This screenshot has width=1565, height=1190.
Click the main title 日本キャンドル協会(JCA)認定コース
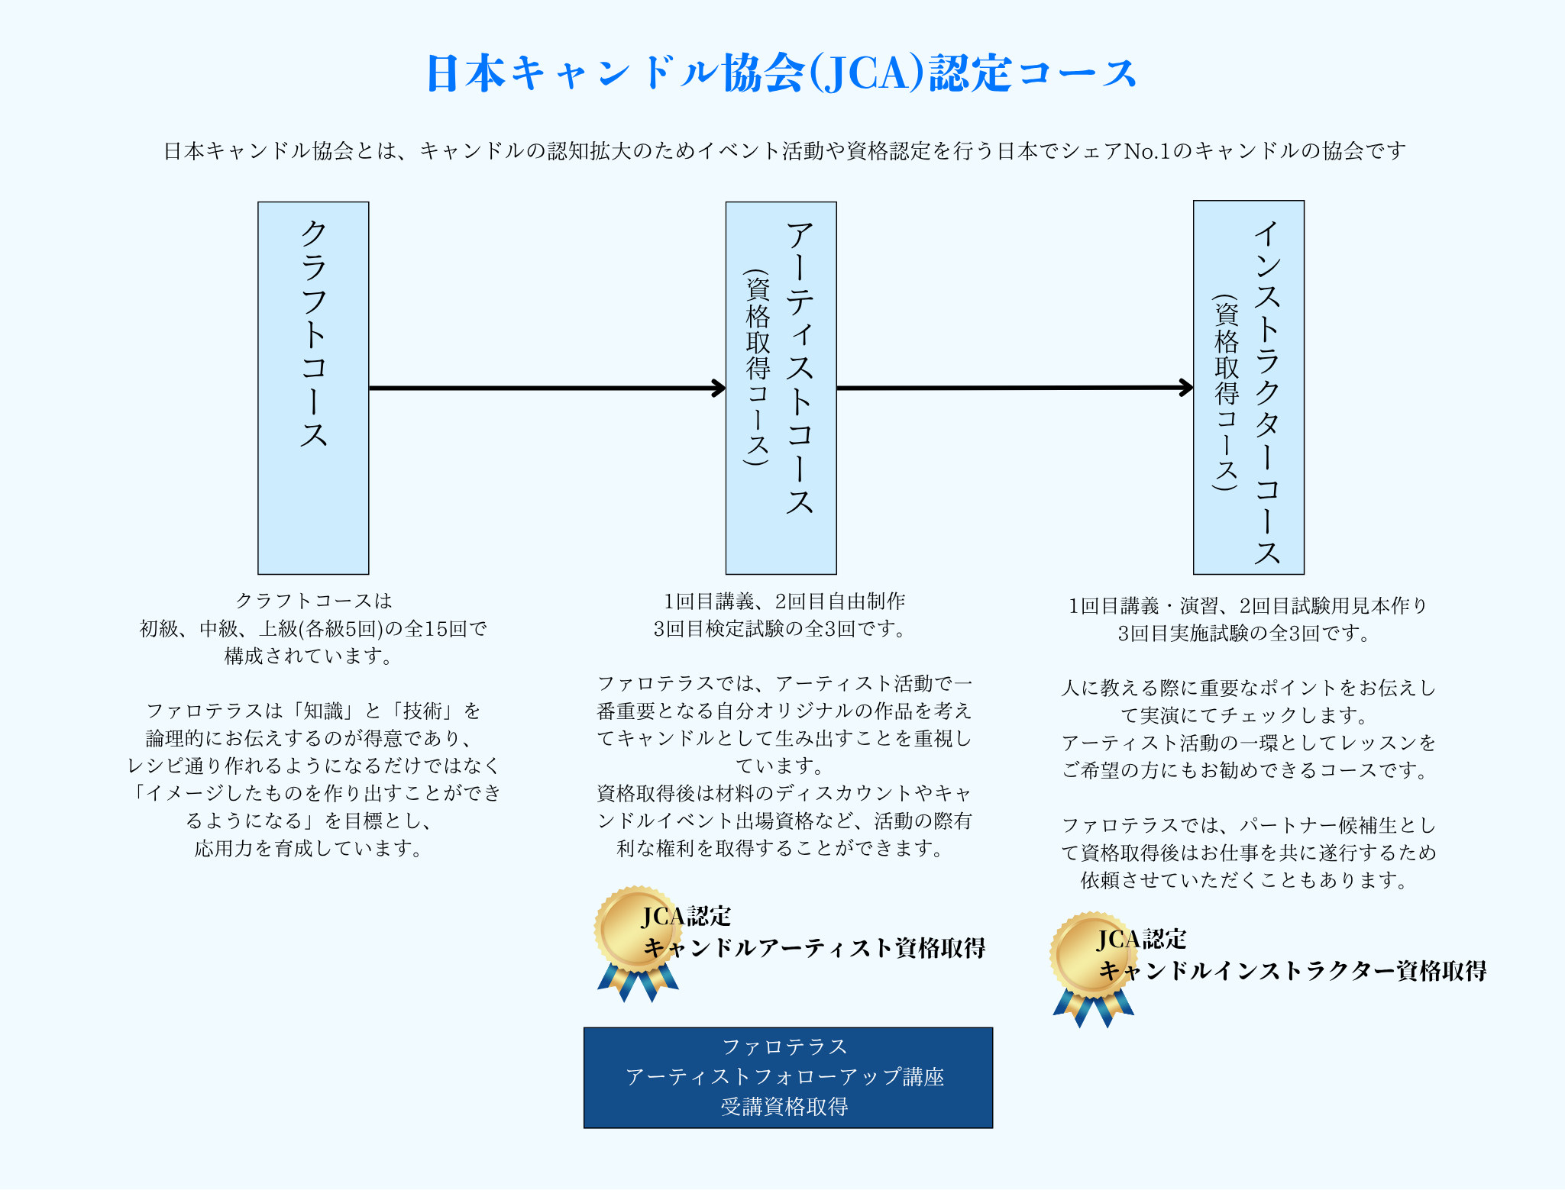pos(781,73)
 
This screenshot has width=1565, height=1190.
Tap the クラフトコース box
pos(313,388)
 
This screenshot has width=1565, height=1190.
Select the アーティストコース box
pos(781,388)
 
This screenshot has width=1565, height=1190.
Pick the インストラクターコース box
pos(1248,388)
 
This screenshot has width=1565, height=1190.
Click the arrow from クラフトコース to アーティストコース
pos(546,388)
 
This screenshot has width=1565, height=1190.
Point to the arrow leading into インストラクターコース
pos(1014,388)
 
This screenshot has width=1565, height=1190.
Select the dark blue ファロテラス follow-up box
pos(787,1077)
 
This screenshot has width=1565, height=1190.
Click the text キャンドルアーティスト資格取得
pos(814,948)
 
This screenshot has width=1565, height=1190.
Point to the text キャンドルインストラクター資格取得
pos(1292,971)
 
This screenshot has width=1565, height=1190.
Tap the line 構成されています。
pos(309,656)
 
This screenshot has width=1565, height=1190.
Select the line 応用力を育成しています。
pos(309,849)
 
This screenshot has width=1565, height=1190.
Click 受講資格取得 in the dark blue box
pos(784,1107)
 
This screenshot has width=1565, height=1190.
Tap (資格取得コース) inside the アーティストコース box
pos(757,366)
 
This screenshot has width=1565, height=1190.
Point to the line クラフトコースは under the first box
pos(313,601)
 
